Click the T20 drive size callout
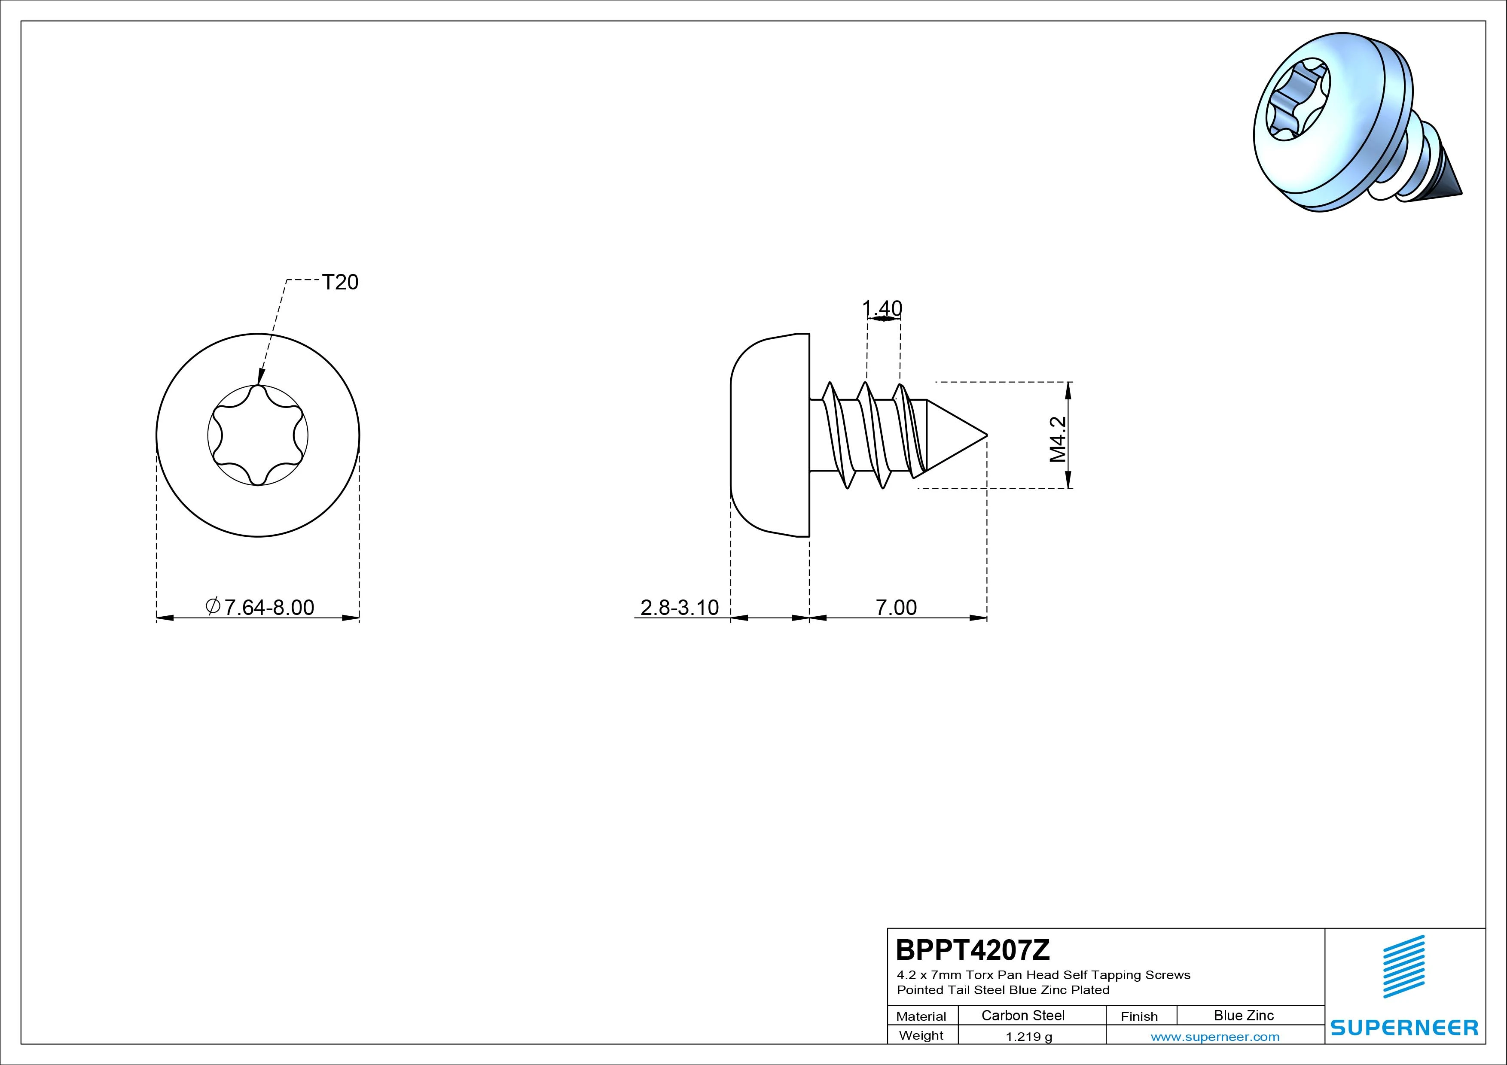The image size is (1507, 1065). click(x=340, y=282)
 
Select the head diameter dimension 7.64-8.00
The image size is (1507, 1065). click(x=260, y=607)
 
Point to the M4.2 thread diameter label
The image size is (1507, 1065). click(x=1057, y=439)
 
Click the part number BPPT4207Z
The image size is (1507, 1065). click(x=973, y=949)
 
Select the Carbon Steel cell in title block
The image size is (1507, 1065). click(x=1022, y=1015)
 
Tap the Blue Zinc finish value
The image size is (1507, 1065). click(x=1244, y=1015)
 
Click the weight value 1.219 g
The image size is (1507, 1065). click(x=1028, y=1037)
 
